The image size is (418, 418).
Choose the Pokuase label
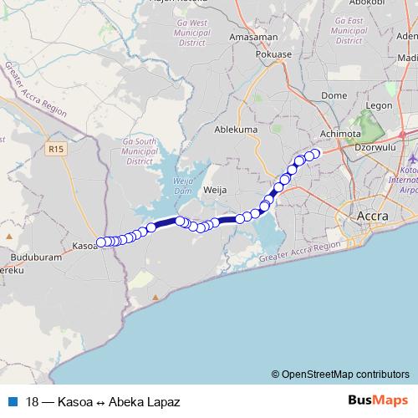click(274, 54)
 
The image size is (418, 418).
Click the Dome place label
click(334, 96)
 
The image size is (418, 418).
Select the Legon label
click(379, 105)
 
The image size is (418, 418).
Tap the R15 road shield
click(56, 150)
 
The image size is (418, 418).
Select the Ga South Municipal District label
click(140, 152)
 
